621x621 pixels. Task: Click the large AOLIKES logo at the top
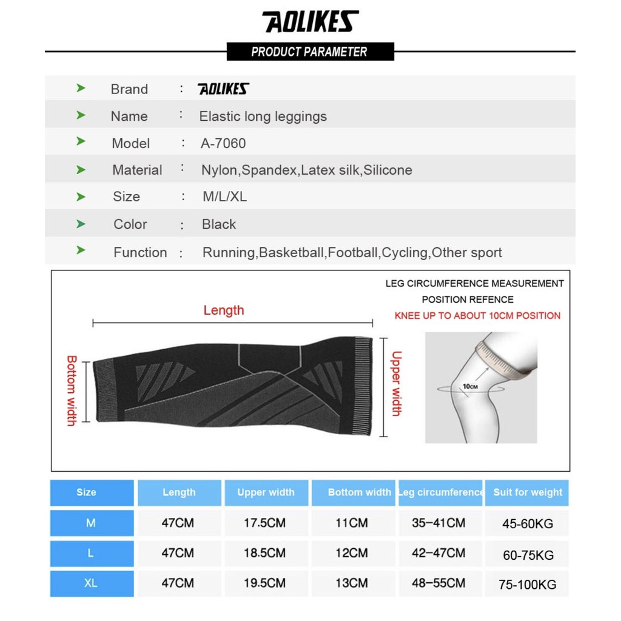(x=310, y=22)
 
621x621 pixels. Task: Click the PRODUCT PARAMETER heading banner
(x=310, y=52)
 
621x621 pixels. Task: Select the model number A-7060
(x=223, y=144)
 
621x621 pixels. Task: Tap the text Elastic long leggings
(x=263, y=116)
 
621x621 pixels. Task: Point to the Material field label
(x=137, y=170)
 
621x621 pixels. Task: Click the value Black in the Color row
(x=219, y=224)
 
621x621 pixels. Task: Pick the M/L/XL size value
(x=224, y=197)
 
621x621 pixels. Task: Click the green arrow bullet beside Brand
(x=81, y=89)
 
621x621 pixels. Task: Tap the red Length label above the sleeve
(x=224, y=310)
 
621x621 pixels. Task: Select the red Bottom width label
(x=71, y=391)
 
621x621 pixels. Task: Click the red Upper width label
(x=396, y=383)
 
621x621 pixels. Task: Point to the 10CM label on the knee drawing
(x=470, y=386)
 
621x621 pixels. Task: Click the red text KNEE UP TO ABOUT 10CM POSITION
(x=477, y=315)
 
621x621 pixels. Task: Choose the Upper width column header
(x=266, y=492)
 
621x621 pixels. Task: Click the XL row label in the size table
(x=91, y=583)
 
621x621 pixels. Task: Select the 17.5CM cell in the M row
(x=264, y=523)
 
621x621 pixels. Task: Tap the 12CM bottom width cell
(x=352, y=553)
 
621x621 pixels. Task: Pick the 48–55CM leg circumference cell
(x=438, y=583)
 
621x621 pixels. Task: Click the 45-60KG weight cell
(x=528, y=523)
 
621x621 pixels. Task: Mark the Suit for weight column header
(x=528, y=492)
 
